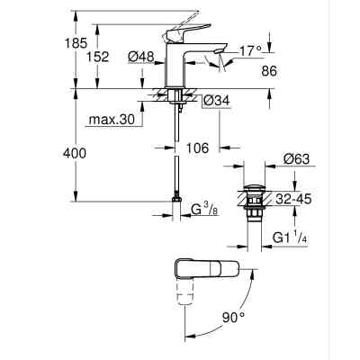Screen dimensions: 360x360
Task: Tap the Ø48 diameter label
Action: click(139, 57)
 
